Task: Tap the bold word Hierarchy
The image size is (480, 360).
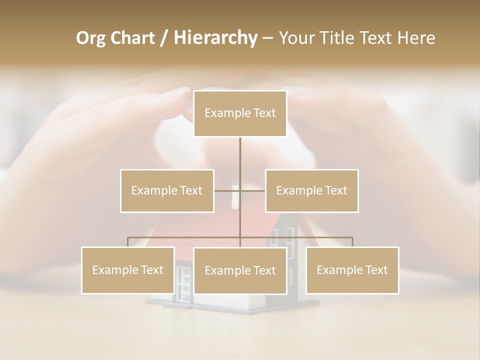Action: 215,38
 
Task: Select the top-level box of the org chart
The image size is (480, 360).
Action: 240,113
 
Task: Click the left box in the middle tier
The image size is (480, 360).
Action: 167,190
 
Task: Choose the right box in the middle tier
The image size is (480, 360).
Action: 311,190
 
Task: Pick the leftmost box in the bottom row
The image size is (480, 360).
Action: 127,270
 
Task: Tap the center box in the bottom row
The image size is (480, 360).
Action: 240,270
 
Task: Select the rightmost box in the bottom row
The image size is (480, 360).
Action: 352,270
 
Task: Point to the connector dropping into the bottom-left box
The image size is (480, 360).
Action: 127,242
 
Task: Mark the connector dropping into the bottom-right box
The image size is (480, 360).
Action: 352,242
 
